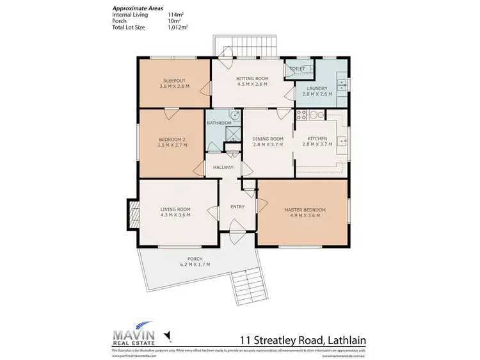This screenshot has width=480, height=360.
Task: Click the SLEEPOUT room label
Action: [175, 81]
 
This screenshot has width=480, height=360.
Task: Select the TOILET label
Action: [297, 68]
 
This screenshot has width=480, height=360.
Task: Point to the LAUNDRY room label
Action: [317, 88]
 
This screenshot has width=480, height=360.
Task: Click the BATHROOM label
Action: [218, 122]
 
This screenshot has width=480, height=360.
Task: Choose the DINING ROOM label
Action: [268, 138]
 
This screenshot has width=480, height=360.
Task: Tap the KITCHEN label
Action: [317, 138]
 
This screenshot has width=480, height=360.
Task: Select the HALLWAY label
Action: [223, 168]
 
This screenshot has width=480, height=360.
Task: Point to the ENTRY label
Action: [237, 207]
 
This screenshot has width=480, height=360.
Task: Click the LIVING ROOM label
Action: [175, 209]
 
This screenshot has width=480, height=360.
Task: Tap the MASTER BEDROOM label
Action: [305, 209]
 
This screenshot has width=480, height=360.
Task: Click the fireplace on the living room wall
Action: [133, 213]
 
